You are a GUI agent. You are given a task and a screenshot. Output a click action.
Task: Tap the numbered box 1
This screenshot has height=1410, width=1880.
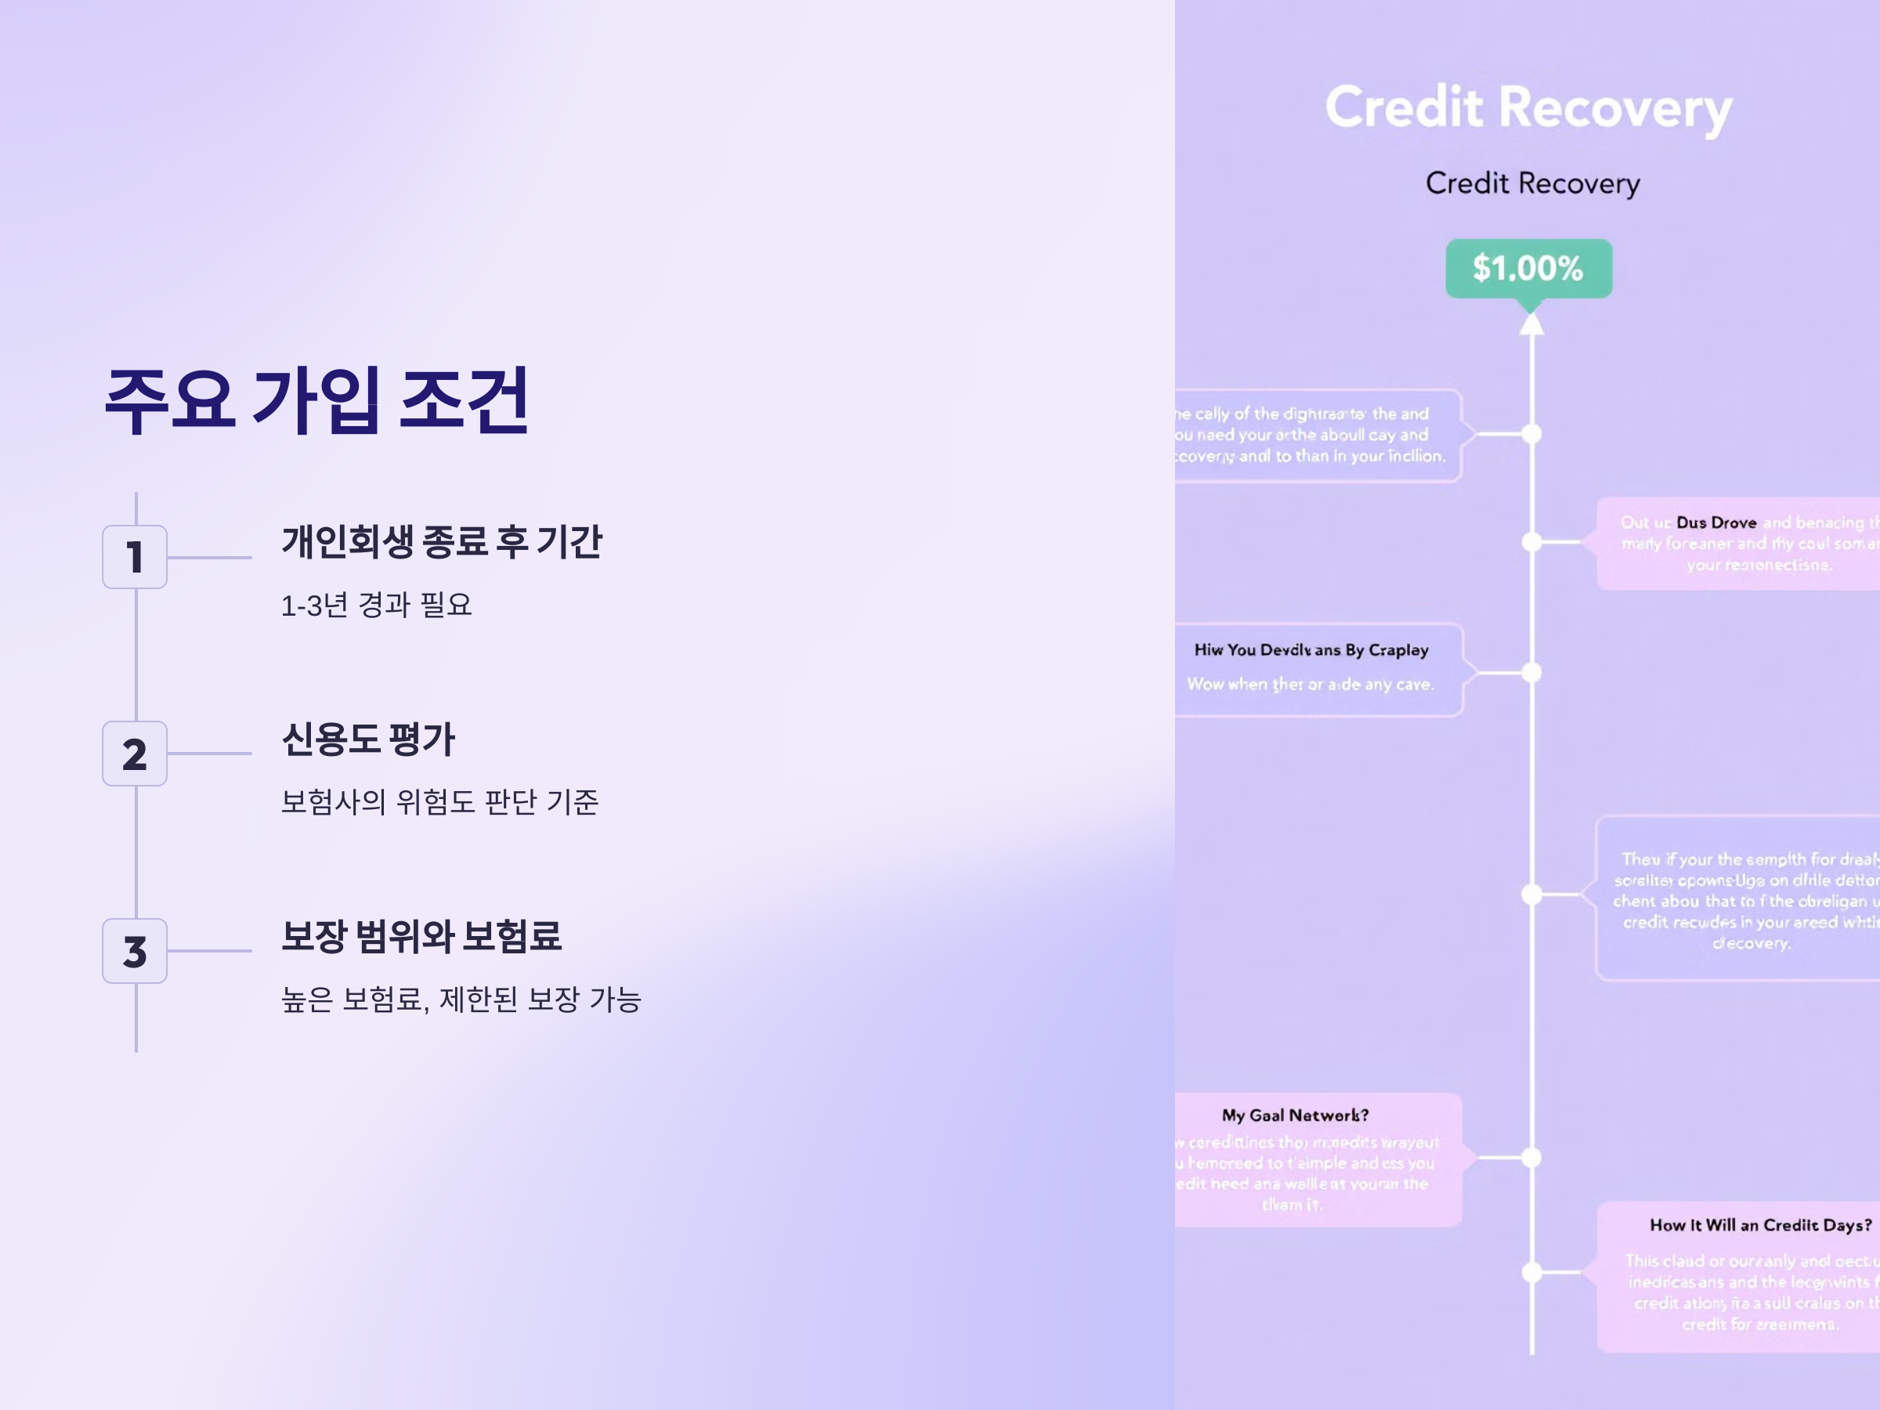coord(134,558)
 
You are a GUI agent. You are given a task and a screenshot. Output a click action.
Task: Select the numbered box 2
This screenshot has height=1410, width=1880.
coord(134,754)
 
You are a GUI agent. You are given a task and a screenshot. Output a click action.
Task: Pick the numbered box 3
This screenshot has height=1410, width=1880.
coord(134,951)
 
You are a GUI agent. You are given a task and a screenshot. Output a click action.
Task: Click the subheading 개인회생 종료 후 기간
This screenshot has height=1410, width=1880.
coord(441,541)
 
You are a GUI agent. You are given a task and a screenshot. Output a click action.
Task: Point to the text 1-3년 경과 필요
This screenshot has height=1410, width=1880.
coord(376,606)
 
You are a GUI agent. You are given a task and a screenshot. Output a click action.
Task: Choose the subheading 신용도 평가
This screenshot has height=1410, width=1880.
coord(368,739)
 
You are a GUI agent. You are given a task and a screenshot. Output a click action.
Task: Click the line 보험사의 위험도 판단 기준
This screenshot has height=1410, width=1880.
coord(439,801)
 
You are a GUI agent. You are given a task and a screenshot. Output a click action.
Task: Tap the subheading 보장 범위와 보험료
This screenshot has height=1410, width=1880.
coord(421,936)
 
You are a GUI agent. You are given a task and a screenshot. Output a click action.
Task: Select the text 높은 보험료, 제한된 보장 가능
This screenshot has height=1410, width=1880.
coord(461,1000)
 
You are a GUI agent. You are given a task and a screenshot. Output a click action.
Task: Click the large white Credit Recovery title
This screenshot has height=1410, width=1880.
coord(1528,108)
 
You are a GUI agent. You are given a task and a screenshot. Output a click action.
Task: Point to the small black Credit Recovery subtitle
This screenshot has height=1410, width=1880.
coord(1532,183)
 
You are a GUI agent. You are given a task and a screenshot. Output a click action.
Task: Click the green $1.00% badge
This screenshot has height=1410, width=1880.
coord(1528,269)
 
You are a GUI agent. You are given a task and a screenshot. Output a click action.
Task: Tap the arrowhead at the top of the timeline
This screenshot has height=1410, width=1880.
coord(1531,324)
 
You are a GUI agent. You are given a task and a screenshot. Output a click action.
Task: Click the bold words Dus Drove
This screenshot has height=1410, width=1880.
coord(1716,522)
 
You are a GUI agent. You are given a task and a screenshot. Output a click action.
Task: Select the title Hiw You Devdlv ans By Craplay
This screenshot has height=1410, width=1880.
coord(1311,650)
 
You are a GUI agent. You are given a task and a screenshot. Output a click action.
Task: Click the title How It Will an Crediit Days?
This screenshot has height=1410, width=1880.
coord(1760,1224)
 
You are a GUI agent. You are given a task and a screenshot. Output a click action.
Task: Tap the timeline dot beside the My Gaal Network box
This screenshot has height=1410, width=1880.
coord(1531,1158)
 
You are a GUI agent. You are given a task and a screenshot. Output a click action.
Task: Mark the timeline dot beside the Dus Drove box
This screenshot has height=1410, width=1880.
coord(1531,541)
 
